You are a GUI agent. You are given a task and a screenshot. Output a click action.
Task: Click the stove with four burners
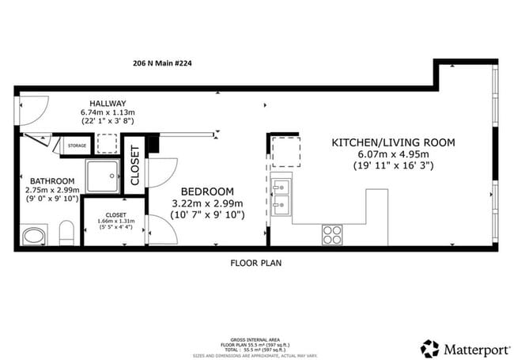pyautogui.click(x=333, y=234)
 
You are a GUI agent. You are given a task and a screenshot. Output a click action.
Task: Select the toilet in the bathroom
pyautogui.click(x=66, y=233)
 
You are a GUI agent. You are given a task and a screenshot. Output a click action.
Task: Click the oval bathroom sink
pyautogui.click(x=34, y=236)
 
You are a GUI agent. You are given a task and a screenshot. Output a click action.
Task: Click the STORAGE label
pyautogui.click(x=77, y=146)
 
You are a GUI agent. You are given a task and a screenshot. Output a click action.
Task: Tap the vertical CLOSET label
pyautogui.click(x=134, y=166)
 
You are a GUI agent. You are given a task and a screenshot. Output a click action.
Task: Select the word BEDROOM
pyautogui.click(x=208, y=191)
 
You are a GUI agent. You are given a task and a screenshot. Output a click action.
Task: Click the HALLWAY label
pyautogui.click(x=108, y=104)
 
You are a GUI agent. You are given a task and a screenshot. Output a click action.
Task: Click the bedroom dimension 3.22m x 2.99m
pyautogui.click(x=208, y=203)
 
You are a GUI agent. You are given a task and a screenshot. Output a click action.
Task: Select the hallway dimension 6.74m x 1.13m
pyautogui.click(x=108, y=113)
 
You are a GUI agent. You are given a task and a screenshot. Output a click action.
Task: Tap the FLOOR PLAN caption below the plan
pyautogui.click(x=256, y=262)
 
